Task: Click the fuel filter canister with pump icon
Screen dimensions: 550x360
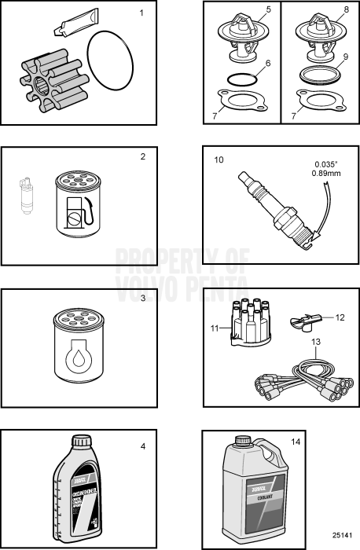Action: (75, 203)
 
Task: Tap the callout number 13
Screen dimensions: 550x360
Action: (317, 343)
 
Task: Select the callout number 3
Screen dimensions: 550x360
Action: (142, 299)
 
